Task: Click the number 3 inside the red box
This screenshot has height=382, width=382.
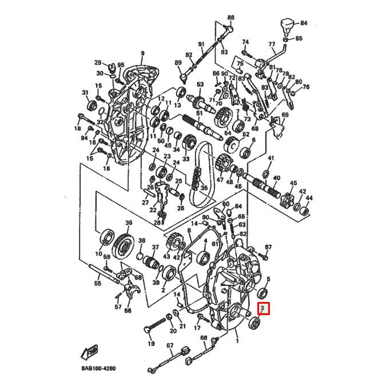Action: point(262,309)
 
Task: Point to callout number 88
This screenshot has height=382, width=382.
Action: point(230,18)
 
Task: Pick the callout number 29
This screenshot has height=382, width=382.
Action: point(97,62)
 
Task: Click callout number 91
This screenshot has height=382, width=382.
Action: point(201,44)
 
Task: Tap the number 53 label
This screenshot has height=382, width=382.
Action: point(200,85)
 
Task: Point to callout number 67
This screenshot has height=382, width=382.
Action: point(169,346)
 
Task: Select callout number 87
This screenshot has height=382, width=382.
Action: point(267,247)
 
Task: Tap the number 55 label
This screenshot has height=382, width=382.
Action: point(98,283)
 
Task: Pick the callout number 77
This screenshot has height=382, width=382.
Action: point(272,43)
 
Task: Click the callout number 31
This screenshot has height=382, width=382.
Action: point(86,93)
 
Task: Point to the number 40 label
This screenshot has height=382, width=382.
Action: point(277,178)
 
